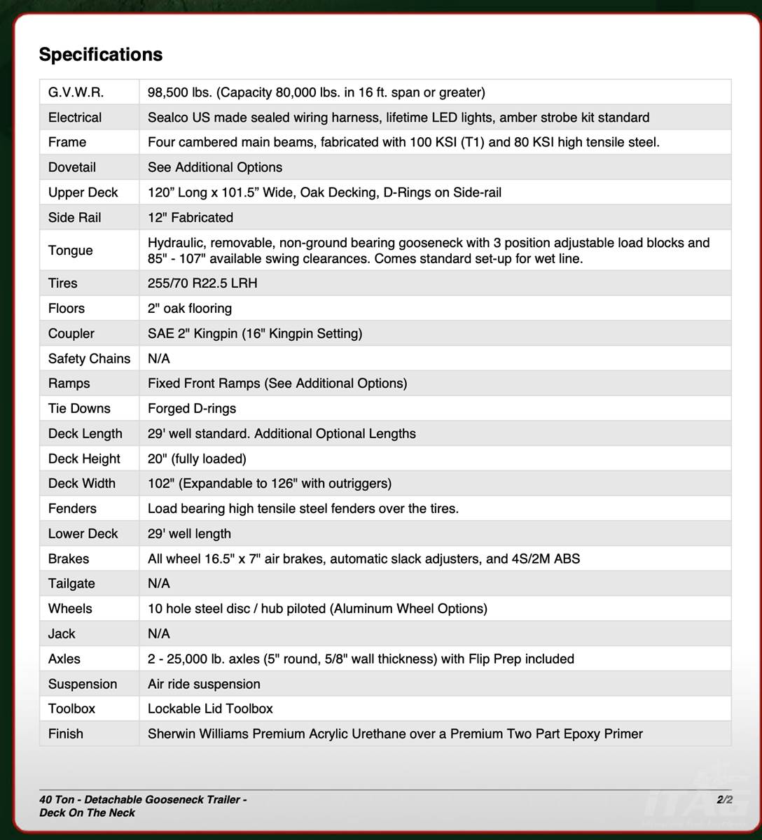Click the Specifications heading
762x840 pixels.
tap(101, 55)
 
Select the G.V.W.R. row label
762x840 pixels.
tap(76, 92)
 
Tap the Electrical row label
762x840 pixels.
tap(75, 118)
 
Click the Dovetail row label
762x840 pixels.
tap(72, 167)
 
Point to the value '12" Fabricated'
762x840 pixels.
tap(190, 218)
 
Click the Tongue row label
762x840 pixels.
tap(71, 251)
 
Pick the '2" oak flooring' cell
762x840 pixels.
tap(190, 309)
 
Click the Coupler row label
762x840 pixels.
tap(71, 334)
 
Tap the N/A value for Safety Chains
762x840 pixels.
tap(159, 358)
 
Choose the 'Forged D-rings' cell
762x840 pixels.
tap(192, 409)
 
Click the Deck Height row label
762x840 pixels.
tap(84, 458)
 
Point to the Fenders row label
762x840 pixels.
tap(72, 509)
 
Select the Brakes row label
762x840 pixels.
tap(69, 559)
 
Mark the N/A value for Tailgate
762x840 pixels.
tap(159, 584)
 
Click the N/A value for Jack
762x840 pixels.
tap(159, 633)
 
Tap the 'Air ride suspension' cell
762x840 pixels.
tap(204, 684)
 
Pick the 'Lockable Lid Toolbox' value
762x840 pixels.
tap(210, 708)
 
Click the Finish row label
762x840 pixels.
tap(66, 734)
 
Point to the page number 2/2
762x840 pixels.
tap(724, 799)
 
